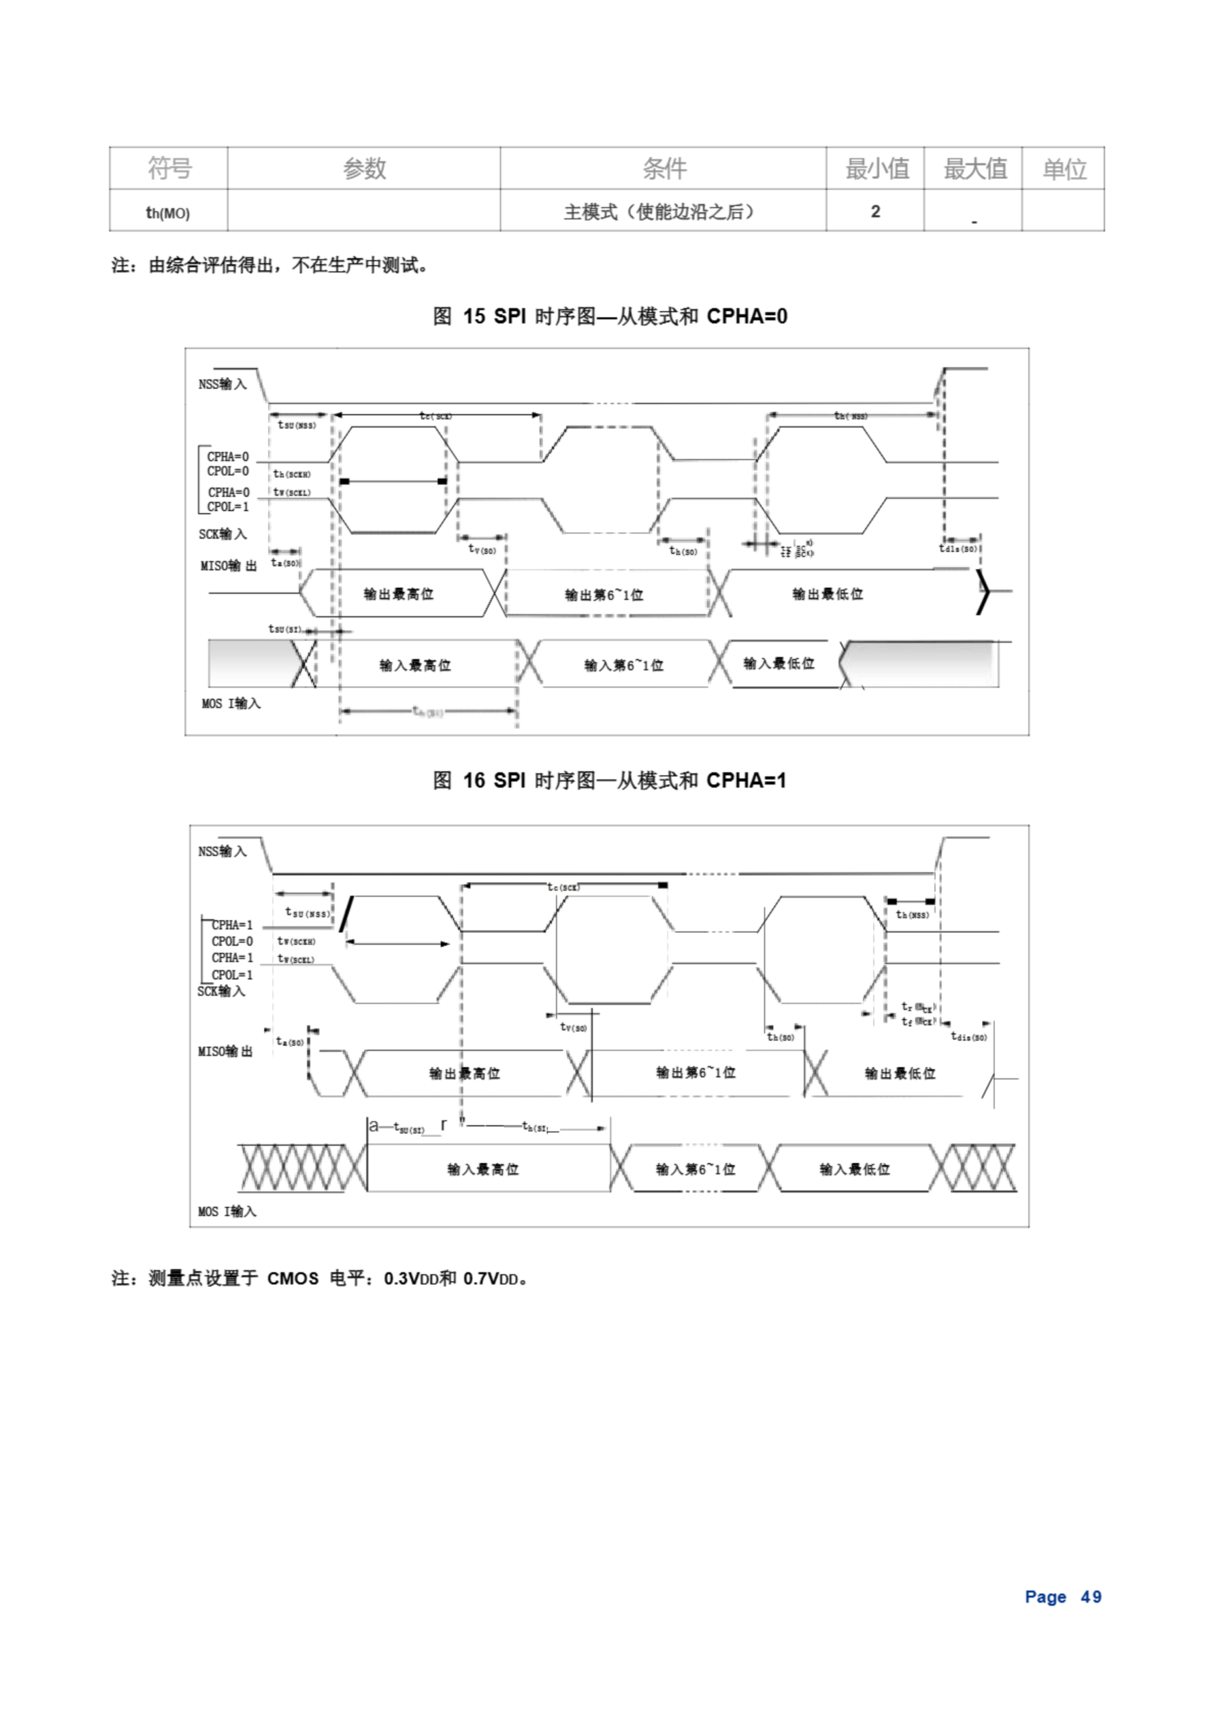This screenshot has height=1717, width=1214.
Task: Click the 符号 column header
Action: tap(169, 168)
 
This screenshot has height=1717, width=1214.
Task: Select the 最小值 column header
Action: tap(876, 168)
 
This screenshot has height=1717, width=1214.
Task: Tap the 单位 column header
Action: tap(1064, 168)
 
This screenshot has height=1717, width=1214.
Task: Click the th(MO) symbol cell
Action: tap(168, 213)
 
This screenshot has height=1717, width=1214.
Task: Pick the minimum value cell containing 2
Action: tap(875, 212)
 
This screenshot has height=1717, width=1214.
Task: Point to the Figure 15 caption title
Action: tap(610, 317)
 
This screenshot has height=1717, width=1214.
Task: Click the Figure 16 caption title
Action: tap(610, 781)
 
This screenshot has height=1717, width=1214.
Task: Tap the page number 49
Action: tap(1091, 1596)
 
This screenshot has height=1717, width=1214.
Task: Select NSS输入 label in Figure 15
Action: tap(222, 384)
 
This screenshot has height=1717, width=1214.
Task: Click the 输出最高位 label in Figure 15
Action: tap(398, 594)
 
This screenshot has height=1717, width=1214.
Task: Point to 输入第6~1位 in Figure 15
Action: tap(624, 665)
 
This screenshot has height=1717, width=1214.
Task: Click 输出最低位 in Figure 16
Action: tap(900, 1073)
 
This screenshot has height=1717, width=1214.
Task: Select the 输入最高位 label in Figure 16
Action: tap(482, 1169)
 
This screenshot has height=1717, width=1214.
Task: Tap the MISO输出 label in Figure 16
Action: tap(225, 1052)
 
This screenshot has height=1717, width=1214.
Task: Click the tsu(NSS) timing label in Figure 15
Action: tap(297, 425)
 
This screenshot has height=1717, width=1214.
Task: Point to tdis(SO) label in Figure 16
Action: tap(969, 1036)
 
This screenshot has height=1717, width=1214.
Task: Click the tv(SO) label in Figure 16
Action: tap(573, 1028)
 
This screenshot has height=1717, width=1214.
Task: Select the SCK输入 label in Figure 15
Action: tap(222, 534)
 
